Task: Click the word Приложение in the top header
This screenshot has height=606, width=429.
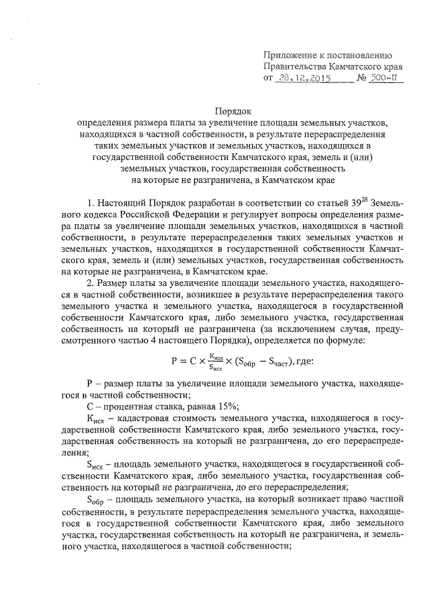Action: [x=291, y=55]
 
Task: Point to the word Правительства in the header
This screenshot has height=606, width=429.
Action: [x=295, y=68]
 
